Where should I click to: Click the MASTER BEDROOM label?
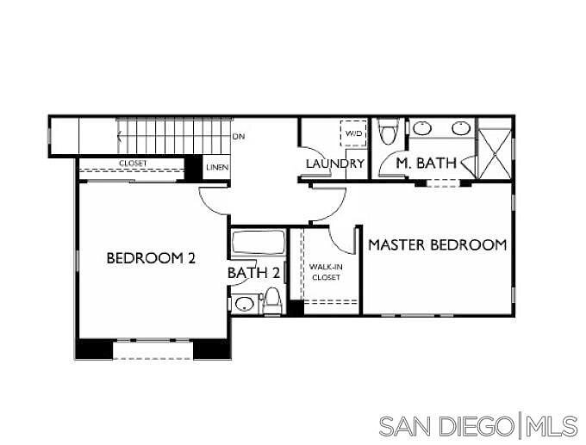pyautogui.click(x=438, y=245)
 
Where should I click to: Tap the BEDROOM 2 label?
pyautogui.click(x=151, y=258)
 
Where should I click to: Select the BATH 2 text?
pyautogui.click(x=253, y=273)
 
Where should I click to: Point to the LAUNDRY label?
pyautogui.click(x=335, y=164)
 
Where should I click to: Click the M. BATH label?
pyautogui.click(x=426, y=164)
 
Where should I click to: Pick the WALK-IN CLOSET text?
pyautogui.click(x=326, y=272)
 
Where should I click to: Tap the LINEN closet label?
pyautogui.click(x=217, y=167)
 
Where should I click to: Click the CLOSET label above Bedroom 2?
pyautogui.click(x=133, y=164)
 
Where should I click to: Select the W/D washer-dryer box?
pyautogui.click(x=353, y=133)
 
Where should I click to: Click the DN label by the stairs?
pyautogui.click(x=239, y=137)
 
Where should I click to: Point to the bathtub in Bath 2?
pyautogui.click(x=258, y=242)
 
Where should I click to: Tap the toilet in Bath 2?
pyautogui.click(x=271, y=301)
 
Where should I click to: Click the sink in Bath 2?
pyautogui.click(x=245, y=304)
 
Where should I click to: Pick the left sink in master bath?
pyautogui.click(x=422, y=129)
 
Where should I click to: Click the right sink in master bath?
pyautogui.click(x=461, y=128)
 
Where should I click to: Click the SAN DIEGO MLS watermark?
pyautogui.click(x=479, y=426)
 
